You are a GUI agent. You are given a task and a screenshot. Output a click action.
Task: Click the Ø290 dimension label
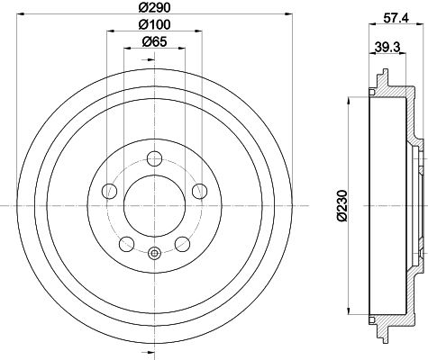click(155, 7)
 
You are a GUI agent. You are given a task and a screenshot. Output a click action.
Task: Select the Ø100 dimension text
click(155, 24)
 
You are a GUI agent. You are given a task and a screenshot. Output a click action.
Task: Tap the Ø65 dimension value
click(154, 41)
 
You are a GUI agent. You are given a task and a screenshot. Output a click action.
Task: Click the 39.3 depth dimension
click(387, 47)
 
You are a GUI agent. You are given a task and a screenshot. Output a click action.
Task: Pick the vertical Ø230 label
click(342, 205)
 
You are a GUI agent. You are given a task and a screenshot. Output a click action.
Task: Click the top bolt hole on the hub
click(155, 158)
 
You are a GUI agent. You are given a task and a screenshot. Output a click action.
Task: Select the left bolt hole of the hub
click(110, 191)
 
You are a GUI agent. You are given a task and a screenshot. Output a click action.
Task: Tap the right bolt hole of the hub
click(200, 191)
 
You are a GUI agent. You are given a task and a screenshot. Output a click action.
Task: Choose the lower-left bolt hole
click(127, 244)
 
